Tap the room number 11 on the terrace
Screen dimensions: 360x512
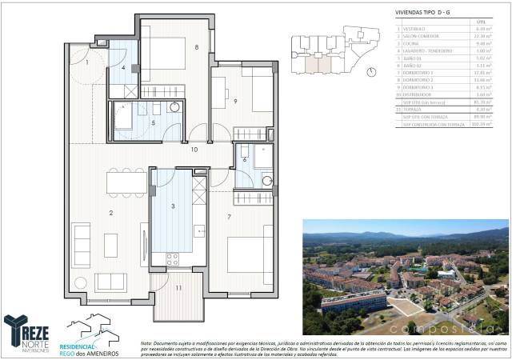[x=179, y=287]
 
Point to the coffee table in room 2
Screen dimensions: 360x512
[x=110, y=245]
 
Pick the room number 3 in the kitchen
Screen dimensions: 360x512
[x=173, y=207]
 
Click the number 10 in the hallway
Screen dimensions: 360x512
[x=194, y=150]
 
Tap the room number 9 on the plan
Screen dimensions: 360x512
[x=236, y=101]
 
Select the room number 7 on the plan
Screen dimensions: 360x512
[x=229, y=217]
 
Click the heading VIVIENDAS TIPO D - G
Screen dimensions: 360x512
[x=429, y=13]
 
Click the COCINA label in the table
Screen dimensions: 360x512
[x=414, y=43]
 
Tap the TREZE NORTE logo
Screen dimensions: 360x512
[x=27, y=331]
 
